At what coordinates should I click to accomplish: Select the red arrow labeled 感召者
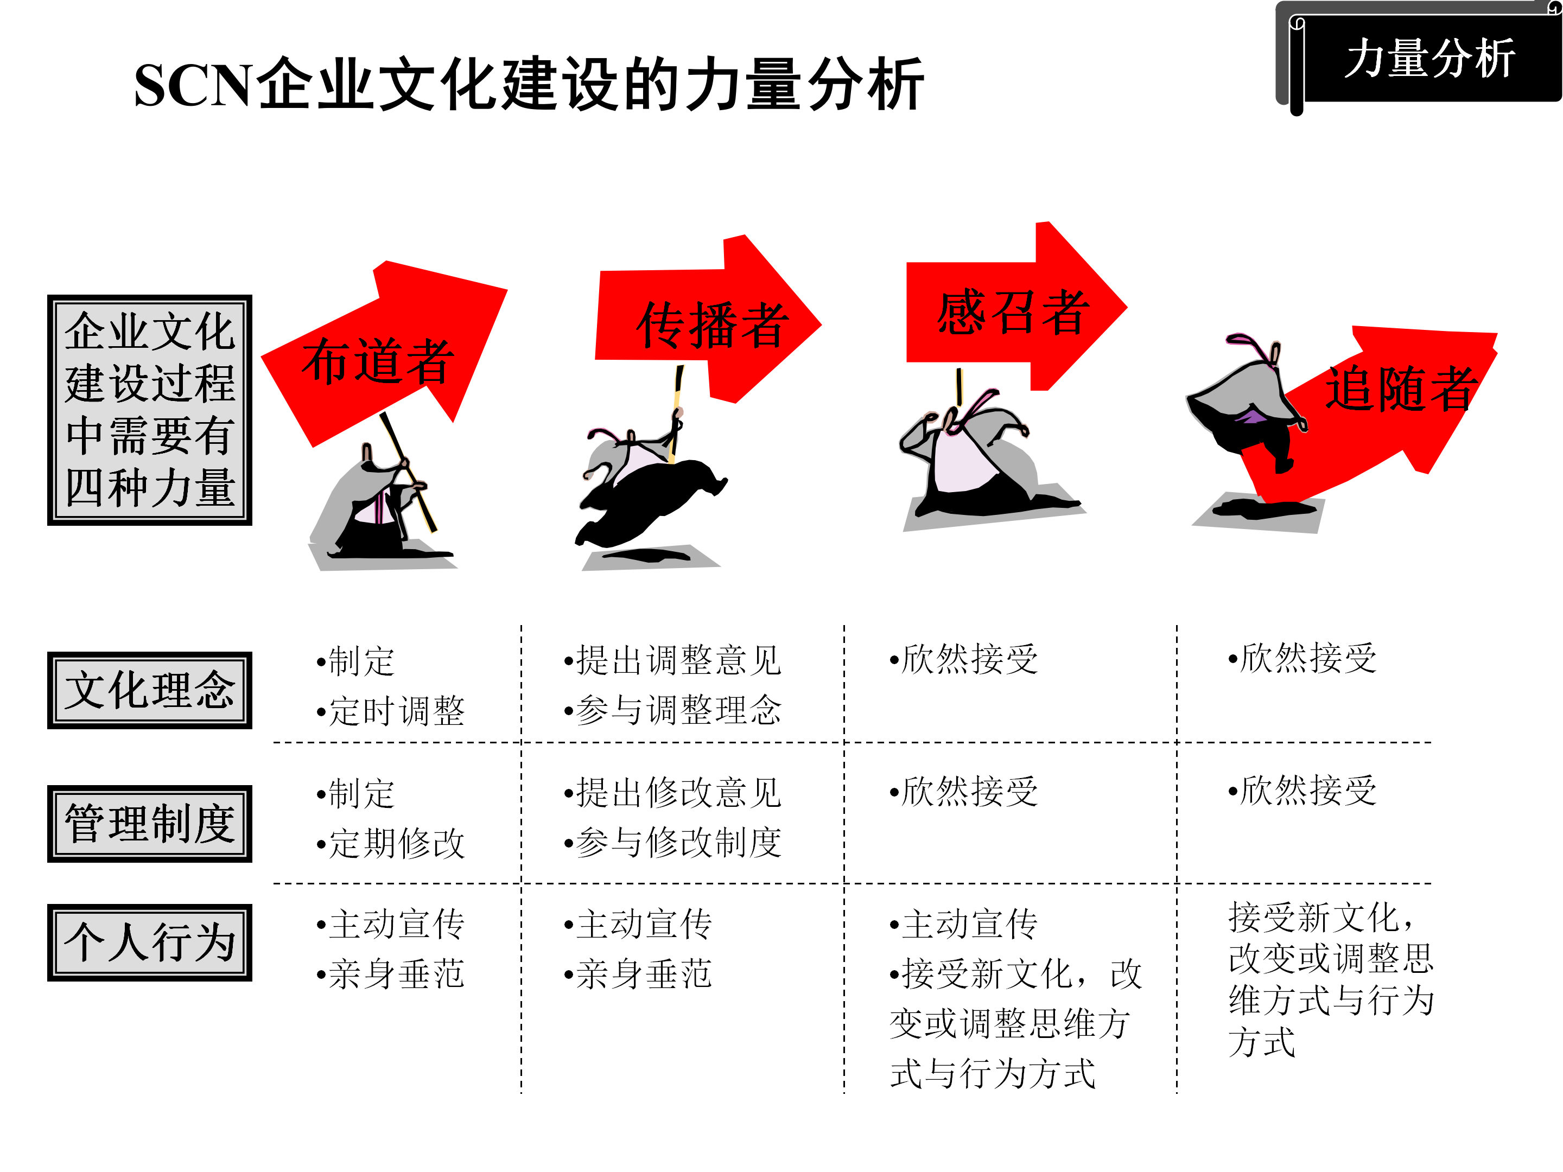(1011, 311)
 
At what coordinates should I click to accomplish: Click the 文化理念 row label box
(150, 690)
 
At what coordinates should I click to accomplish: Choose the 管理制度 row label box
(150, 823)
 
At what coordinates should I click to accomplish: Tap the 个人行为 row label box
(150, 942)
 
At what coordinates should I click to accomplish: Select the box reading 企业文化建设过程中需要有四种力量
(150, 410)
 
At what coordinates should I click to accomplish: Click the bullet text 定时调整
(396, 711)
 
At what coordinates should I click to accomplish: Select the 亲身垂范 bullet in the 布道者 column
(396, 974)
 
